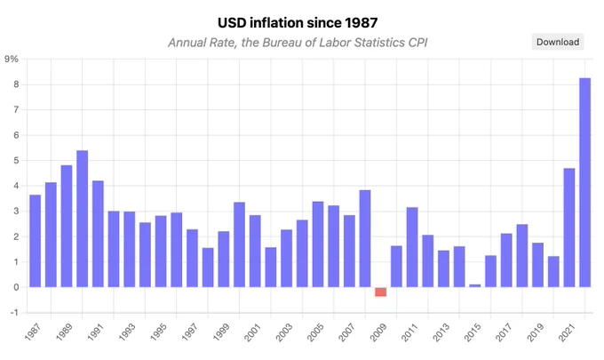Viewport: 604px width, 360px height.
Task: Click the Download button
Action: click(x=558, y=42)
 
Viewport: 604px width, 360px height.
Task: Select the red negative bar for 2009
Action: click(x=380, y=292)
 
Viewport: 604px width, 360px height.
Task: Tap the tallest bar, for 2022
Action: click(x=584, y=183)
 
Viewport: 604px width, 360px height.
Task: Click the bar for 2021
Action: click(x=569, y=228)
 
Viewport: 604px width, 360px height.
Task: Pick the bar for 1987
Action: click(x=35, y=241)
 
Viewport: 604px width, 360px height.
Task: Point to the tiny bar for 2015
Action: click(x=475, y=285)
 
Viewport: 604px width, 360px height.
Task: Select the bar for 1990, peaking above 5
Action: click(x=82, y=219)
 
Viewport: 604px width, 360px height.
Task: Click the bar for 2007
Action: click(x=349, y=251)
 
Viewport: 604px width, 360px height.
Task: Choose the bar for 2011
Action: click(x=412, y=247)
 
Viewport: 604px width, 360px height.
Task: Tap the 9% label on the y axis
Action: click(x=12, y=59)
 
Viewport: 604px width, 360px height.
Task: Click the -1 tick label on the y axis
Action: click(x=14, y=313)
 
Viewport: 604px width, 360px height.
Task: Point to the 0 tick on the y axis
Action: click(x=16, y=287)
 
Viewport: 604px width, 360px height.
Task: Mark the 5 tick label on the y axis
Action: click(x=16, y=160)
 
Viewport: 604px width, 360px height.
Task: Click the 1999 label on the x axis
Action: click(x=221, y=332)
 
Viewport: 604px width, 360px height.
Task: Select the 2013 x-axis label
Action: click(x=441, y=332)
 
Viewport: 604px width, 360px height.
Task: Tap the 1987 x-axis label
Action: click(x=32, y=332)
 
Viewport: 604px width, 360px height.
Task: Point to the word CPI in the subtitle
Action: click(x=417, y=43)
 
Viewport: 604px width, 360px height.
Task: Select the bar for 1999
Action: click(x=224, y=259)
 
